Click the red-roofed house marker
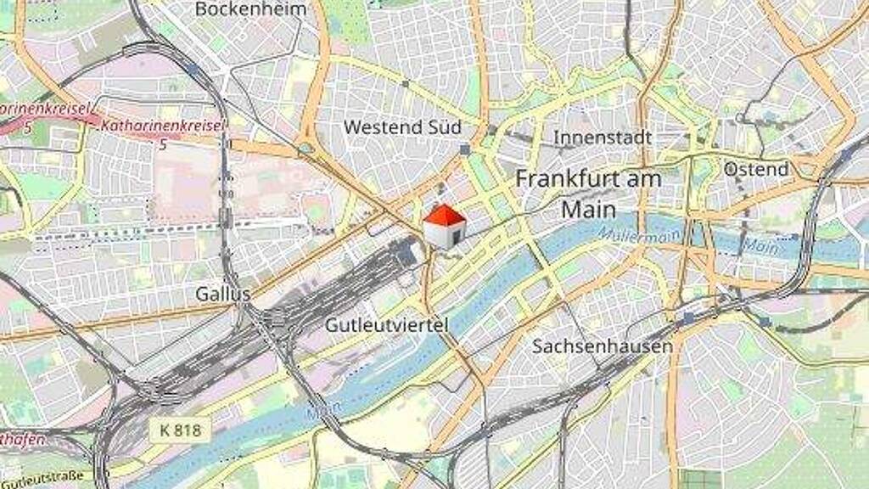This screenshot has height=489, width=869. coord(445,226)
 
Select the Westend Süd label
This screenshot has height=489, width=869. coord(402,127)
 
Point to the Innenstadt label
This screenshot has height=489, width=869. coord(603,138)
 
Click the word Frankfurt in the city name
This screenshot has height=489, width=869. coord(557,179)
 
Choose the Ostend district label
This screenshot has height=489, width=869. coord(755,169)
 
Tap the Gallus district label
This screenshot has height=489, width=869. coord(222,294)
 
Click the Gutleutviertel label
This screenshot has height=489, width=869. coord(387,325)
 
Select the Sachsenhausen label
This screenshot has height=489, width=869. coord(603,346)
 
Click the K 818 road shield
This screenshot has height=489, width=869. coord(181,430)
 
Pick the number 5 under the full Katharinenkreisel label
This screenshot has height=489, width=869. coord(163,144)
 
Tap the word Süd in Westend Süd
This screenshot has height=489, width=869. coord(446,127)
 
